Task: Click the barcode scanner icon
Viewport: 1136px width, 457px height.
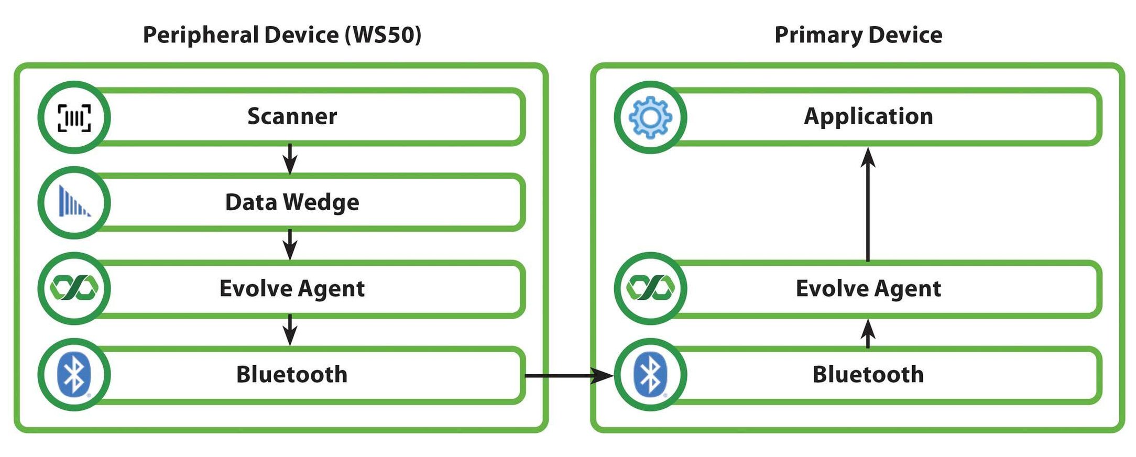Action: coord(74,117)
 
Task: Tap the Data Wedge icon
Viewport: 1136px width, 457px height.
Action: coord(74,202)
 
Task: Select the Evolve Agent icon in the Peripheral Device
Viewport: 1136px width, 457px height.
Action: coord(74,288)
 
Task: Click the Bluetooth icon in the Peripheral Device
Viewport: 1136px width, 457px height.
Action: coord(74,374)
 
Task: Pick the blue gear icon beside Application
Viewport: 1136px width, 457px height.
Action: coord(650,117)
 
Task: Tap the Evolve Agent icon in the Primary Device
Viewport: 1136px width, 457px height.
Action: coord(650,288)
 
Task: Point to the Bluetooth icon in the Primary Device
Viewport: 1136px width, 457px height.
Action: coord(650,374)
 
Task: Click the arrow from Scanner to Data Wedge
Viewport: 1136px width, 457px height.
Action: coord(290,158)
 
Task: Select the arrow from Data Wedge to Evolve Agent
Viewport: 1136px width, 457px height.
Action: coord(290,244)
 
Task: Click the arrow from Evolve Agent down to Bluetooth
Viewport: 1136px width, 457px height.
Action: coord(290,330)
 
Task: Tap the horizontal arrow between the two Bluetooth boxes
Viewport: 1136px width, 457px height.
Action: coord(568,375)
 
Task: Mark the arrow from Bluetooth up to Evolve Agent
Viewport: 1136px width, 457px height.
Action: coord(868,334)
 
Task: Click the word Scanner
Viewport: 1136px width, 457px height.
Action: coord(292,116)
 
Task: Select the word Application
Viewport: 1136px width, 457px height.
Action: coord(868,116)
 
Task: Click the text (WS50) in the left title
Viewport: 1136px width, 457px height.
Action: coord(383,35)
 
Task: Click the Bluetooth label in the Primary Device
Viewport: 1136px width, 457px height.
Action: coord(868,374)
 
